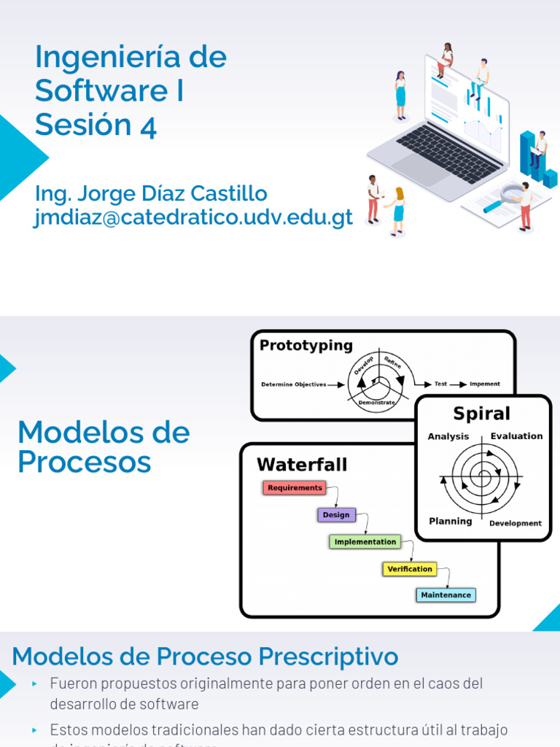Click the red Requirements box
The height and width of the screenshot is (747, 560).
pyautogui.click(x=295, y=488)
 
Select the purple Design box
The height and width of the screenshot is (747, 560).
pyautogui.click(x=336, y=515)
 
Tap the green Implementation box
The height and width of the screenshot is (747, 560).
pyautogui.click(x=365, y=542)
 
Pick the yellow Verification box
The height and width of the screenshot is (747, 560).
pyautogui.click(x=409, y=569)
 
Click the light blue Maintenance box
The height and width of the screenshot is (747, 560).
pyautogui.click(x=446, y=595)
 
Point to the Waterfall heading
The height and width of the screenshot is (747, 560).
pyautogui.click(x=302, y=465)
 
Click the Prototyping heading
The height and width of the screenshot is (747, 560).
pyautogui.click(x=306, y=346)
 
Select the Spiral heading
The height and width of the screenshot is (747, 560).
pyautogui.click(x=481, y=414)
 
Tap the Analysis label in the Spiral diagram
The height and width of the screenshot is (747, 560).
pyautogui.click(x=448, y=437)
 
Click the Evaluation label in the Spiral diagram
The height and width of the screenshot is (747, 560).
pyautogui.click(x=516, y=436)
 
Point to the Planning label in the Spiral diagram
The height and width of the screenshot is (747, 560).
pyautogui.click(x=450, y=522)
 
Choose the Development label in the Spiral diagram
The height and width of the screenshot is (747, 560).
pyautogui.click(x=515, y=524)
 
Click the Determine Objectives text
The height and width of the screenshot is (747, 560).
pyautogui.click(x=293, y=384)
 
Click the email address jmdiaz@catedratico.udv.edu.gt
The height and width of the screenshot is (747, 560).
pyautogui.click(x=194, y=217)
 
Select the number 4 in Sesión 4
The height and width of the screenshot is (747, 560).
pyautogui.click(x=148, y=126)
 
